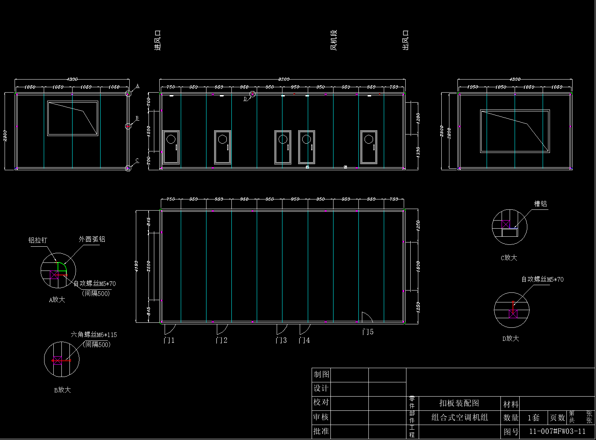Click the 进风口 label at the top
pos(157,41)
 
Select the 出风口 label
pos(405,40)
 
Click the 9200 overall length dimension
pos(284,79)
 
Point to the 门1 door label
pos(169,340)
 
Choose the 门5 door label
pos(368,331)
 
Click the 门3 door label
pos(281,340)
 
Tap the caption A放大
pos(57,299)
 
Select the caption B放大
pos(62,390)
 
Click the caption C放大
pos(509,257)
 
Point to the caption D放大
pos(510,338)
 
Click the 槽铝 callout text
pos(540,204)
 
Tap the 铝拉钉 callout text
pos(38,240)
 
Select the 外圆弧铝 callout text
pos(92,239)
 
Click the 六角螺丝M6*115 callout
pos(94,335)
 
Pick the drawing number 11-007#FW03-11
pos(557,431)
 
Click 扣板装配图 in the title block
pos(459,403)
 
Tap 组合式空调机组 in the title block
pos(459,417)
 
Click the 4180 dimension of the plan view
pos(136,266)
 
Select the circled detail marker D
pos(252,94)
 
